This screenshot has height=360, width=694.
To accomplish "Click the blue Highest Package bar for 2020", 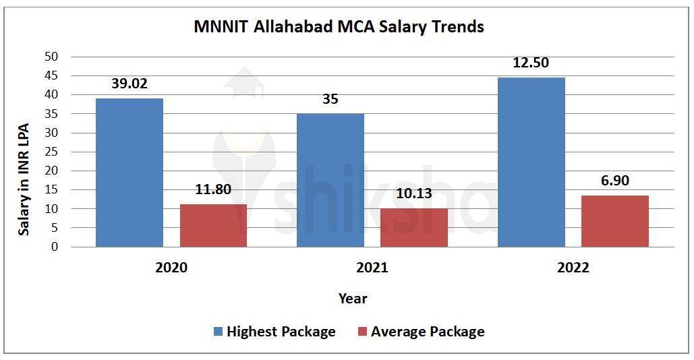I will pos(129,173).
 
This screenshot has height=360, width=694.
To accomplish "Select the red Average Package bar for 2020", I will pos(213,225).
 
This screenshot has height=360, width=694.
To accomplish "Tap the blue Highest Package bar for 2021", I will pos(330,180).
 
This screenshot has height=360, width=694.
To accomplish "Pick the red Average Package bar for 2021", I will pos(414,227).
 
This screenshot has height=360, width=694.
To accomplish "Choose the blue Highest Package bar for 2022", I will pos(531,162).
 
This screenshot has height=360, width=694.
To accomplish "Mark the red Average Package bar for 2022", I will pos(615,221).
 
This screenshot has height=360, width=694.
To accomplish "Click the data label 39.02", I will pos(129,84).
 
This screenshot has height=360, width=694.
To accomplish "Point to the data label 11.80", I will pos(213,189).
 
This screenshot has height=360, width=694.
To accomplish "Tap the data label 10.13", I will pos(414,193).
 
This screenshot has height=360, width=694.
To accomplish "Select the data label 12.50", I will pos(531,63).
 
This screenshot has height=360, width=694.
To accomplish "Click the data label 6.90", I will pos(615,181).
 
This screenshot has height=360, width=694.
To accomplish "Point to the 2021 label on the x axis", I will pos(372,268).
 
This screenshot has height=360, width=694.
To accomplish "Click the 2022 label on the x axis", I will pos(573,268).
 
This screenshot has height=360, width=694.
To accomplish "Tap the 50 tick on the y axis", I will pos(51,57).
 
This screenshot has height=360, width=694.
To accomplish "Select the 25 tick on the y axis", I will pos(51,152).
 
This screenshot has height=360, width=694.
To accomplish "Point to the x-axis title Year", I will pos(353,298).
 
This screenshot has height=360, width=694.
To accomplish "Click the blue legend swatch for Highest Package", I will pos(218,332).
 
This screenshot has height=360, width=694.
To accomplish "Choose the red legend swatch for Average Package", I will pos(362,332).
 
